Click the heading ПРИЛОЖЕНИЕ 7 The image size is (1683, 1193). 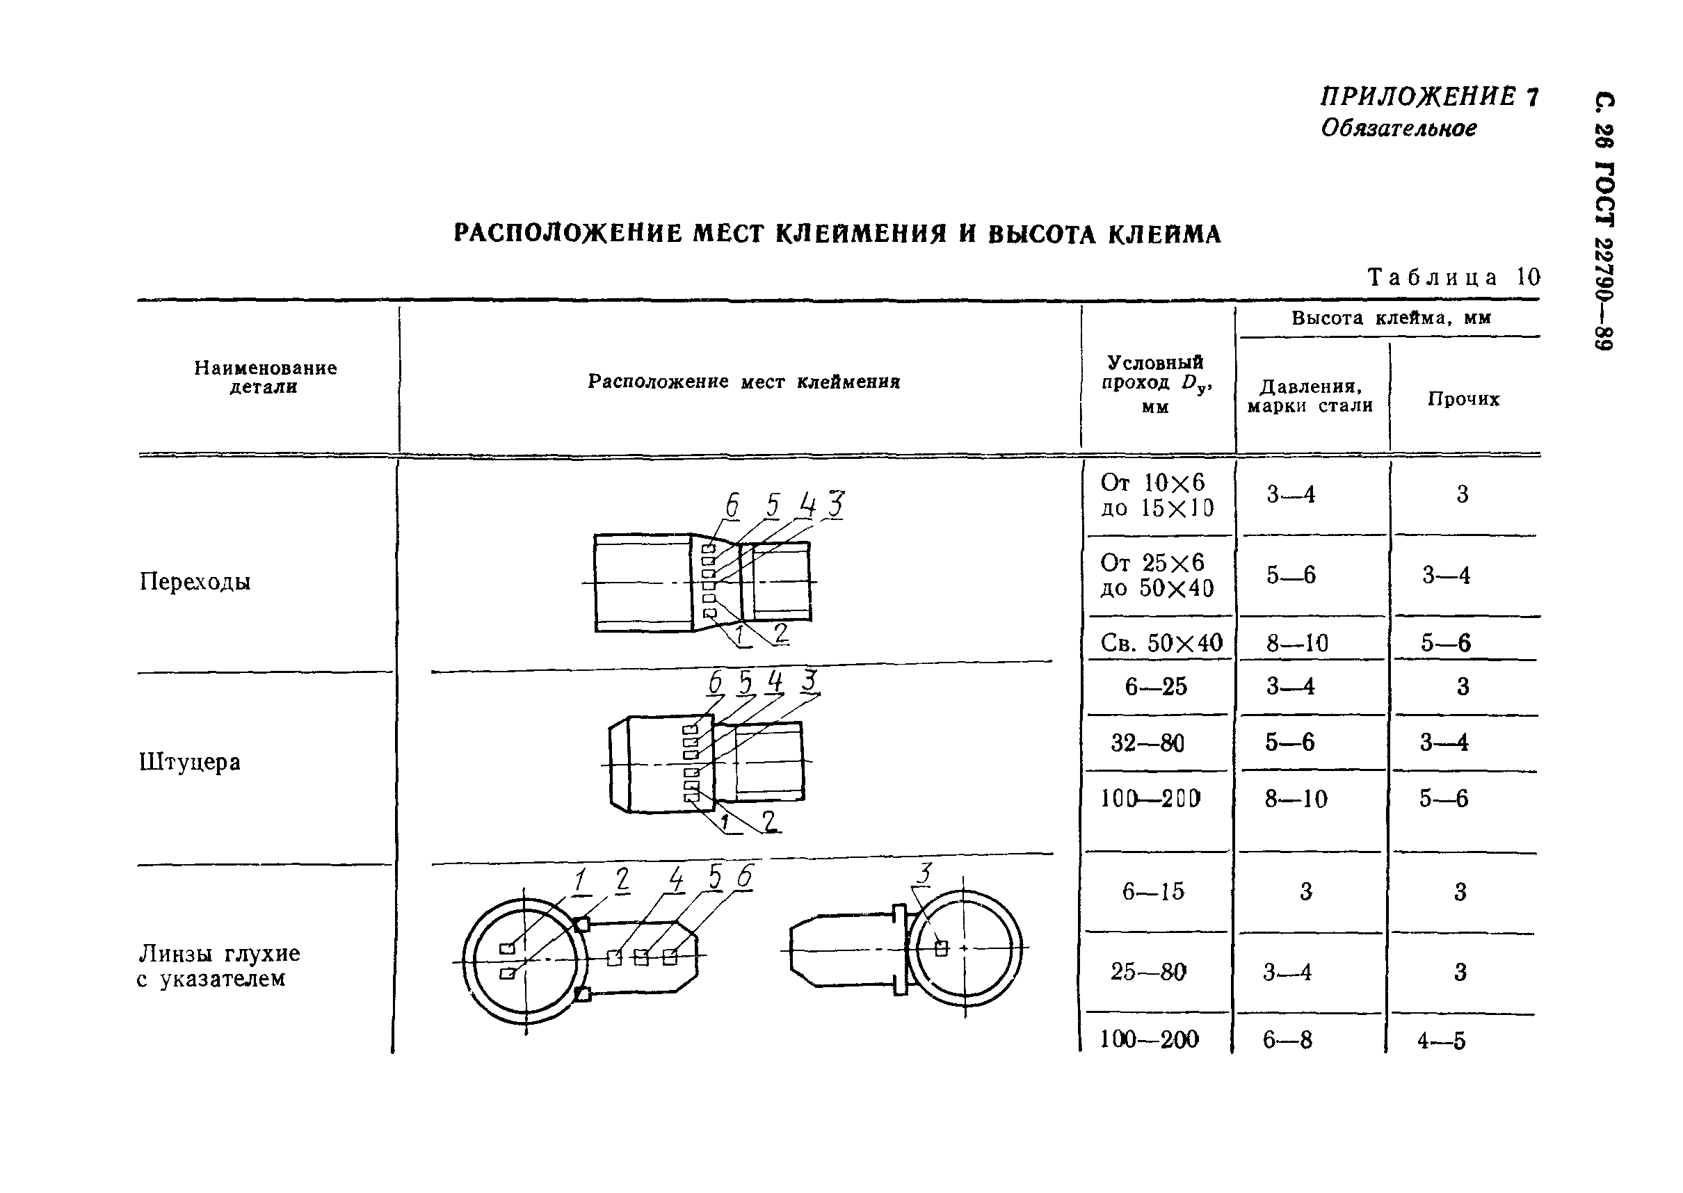tap(1428, 97)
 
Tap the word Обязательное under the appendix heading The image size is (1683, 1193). tap(1399, 129)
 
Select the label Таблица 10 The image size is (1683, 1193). tap(1453, 277)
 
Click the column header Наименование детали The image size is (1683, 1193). tap(265, 377)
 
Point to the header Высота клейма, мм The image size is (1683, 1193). tap(1390, 318)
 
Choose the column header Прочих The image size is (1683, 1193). tap(1463, 399)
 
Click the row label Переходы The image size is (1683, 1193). tap(195, 582)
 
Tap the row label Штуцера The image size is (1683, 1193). tap(190, 762)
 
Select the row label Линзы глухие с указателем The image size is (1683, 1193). tap(218, 966)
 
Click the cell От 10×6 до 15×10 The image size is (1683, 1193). tap(1157, 495)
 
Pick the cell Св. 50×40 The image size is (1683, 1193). tap(1161, 644)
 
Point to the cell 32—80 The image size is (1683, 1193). tap(1147, 742)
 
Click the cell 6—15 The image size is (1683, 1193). tap(1153, 891)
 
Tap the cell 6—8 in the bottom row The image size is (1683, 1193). tap(1287, 1039)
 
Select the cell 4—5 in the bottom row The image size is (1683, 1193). tap(1441, 1040)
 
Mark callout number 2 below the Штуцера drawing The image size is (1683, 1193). tap(768, 820)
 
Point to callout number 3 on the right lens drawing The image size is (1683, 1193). tap(924, 873)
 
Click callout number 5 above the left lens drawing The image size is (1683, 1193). tap(714, 877)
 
